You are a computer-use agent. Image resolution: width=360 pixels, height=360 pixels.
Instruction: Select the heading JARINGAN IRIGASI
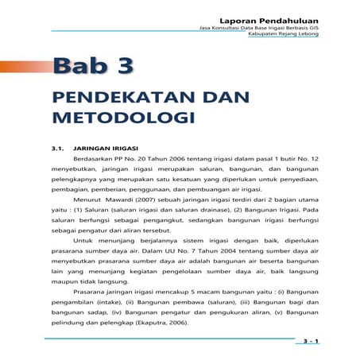coord(106,148)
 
